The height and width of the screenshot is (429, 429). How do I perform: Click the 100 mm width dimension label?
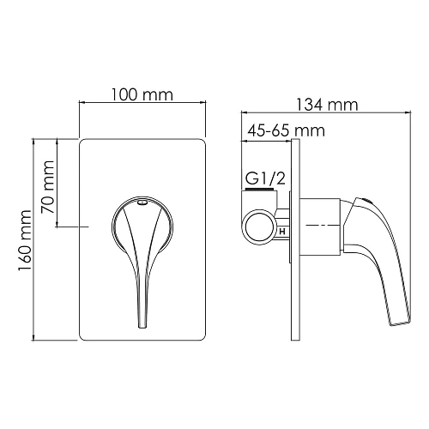[142, 94]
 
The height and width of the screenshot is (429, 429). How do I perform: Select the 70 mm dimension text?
[47, 187]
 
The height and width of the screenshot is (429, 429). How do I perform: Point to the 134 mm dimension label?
[327, 105]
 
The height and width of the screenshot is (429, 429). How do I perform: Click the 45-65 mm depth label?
[286, 130]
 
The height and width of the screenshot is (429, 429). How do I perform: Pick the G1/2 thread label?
[265, 178]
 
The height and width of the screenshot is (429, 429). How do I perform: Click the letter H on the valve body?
[282, 232]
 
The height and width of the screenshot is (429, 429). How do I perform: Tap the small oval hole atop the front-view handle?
[142, 202]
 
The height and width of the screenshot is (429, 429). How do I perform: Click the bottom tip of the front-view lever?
[142, 327]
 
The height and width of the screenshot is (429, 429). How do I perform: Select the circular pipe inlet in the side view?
[258, 227]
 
